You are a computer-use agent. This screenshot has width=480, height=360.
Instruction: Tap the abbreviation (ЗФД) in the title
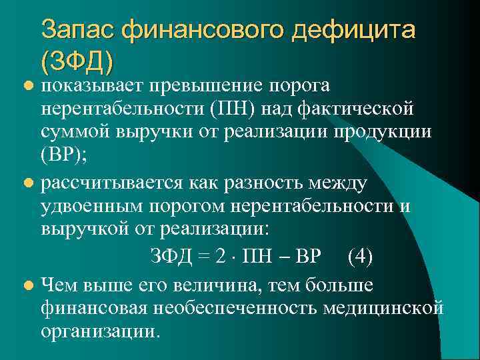(x=77, y=61)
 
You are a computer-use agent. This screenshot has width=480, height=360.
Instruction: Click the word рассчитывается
(x=113, y=181)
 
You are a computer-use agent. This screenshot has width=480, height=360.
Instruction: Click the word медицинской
(x=387, y=308)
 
